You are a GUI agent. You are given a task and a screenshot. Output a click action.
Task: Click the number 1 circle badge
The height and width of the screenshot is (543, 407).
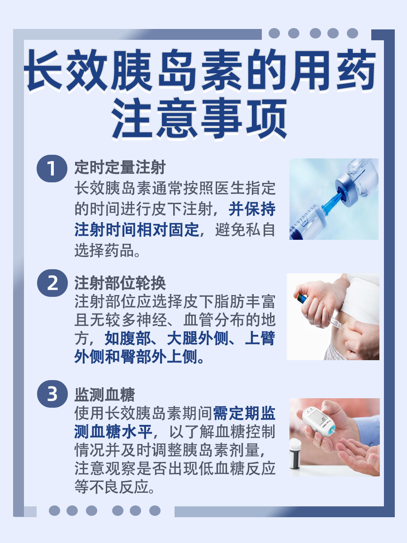coord(52,169)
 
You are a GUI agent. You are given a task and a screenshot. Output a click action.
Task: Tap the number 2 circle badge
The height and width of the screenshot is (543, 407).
coord(52,284)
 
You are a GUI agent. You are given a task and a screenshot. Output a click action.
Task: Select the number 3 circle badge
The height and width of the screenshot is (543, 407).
coord(52,394)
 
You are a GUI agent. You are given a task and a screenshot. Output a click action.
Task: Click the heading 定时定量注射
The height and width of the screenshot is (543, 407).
coord(120,168)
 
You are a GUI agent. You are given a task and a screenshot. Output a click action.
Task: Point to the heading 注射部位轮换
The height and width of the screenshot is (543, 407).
coord(120,283)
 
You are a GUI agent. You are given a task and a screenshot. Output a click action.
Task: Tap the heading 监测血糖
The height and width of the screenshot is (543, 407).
coord(104,395)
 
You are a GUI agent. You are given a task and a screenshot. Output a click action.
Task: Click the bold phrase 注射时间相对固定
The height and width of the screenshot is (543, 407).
coord(137,230)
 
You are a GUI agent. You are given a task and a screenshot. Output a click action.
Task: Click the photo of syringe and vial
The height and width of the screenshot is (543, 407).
coord(334,199)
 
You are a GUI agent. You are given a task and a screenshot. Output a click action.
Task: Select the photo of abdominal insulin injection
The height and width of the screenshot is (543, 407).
coord(333,316)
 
